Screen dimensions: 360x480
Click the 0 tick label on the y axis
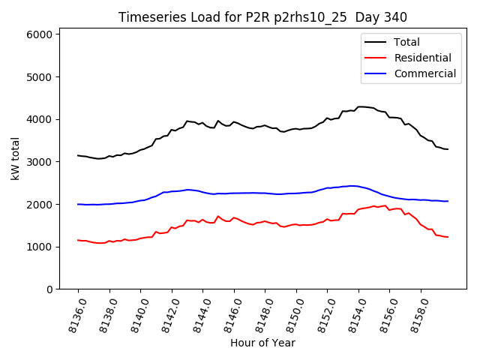pyautogui.click(x=49, y=289)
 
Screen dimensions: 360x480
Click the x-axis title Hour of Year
pyautogui.click(x=262, y=343)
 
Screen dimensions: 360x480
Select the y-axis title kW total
pyautogui.click(x=15, y=158)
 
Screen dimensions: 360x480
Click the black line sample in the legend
pyautogui.click(x=376, y=42)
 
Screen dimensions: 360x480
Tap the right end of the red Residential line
pyautogui.click(x=448, y=237)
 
